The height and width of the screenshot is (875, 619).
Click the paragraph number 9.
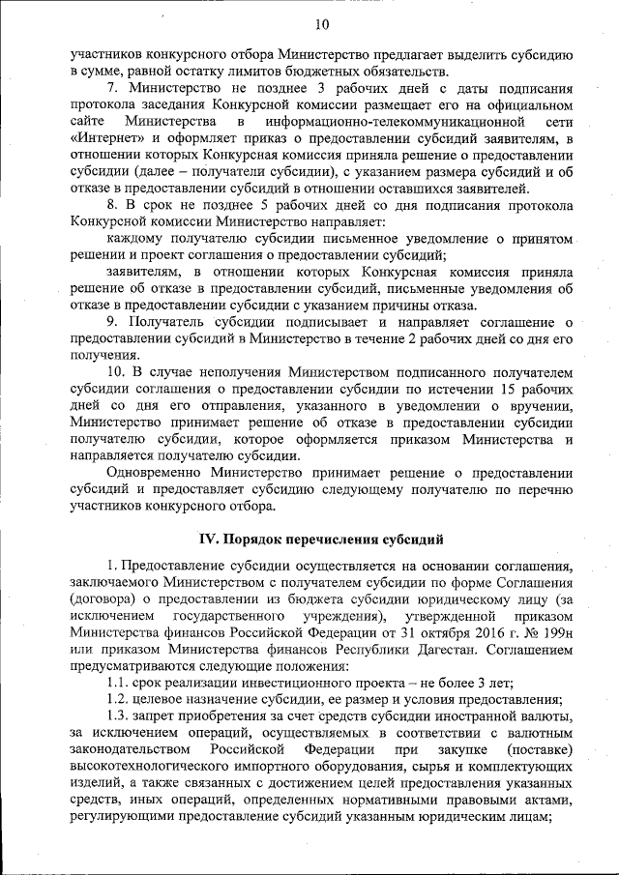[x=112, y=322]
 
